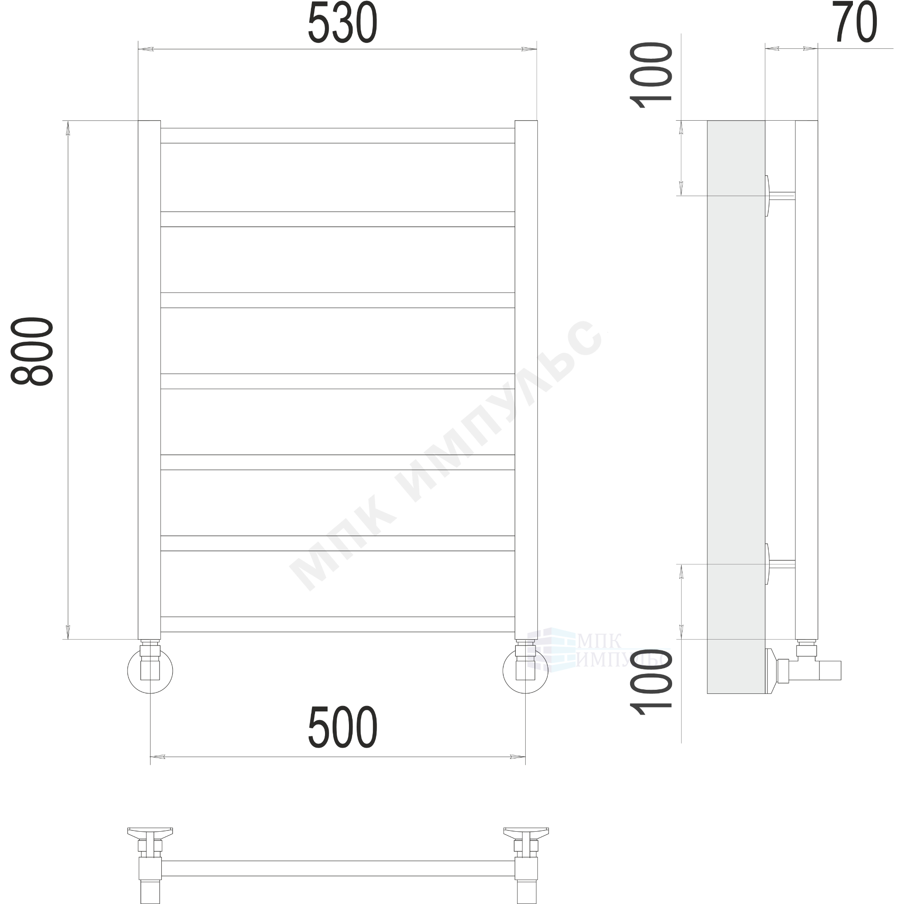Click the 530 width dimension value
coord(343,23)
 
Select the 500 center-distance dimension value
coord(343,727)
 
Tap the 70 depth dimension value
coord(854,22)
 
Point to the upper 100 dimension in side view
coord(650,75)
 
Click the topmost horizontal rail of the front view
coord(337,136)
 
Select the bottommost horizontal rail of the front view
coord(337,624)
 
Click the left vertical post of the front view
coord(149,380)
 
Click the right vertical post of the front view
coord(526,380)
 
